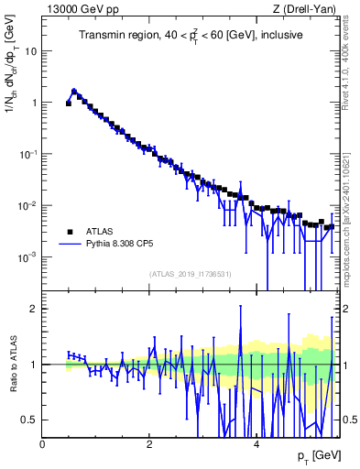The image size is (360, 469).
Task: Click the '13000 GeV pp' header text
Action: pos(81,9)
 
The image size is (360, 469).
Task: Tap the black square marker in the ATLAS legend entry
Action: pos(70,232)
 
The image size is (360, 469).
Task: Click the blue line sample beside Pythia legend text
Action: pos(70,245)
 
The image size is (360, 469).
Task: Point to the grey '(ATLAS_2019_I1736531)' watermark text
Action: pos(191,275)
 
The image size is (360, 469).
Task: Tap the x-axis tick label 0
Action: pos(42,443)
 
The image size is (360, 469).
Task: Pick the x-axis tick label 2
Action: pos(149,443)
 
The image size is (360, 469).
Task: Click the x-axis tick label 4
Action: pos(256,443)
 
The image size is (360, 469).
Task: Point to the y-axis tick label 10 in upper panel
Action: pos(30,51)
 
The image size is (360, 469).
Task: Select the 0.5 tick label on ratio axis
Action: pos(28,420)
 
